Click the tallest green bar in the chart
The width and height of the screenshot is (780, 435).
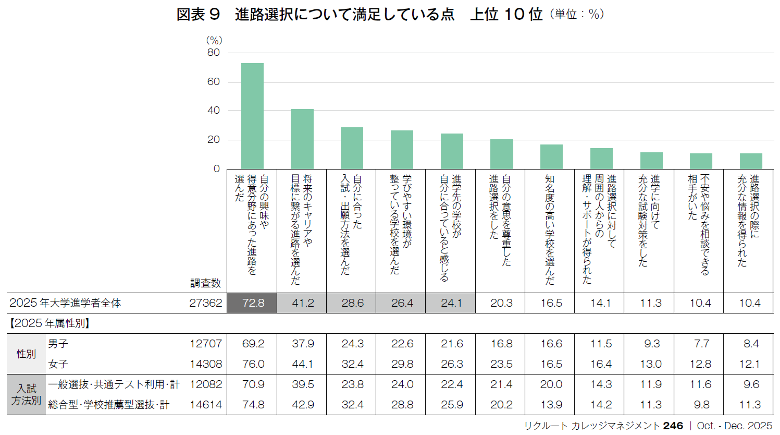coord(252,116)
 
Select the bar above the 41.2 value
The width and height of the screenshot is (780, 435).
coord(302,139)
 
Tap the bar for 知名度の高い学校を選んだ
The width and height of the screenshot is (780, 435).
coord(551,156)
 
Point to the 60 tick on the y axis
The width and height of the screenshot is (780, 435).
coord(214,81)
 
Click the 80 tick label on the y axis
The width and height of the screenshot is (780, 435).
coord(214,52)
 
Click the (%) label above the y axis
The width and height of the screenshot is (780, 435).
coord(214,40)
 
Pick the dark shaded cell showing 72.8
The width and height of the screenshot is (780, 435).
coord(253,303)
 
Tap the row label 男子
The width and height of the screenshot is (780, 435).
coord(58,344)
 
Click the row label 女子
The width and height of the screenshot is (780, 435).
coord(58,364)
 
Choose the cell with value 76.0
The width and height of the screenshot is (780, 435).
coord(253,364)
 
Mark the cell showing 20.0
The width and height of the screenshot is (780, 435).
coord(551,384)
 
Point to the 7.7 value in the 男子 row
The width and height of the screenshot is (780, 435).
coord(701,344)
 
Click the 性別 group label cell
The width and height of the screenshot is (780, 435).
coord(26,354)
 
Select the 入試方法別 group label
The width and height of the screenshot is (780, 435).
coord(26,395)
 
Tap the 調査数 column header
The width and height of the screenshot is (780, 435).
coord(205,283)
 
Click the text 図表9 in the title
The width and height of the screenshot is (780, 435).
coord(199,15)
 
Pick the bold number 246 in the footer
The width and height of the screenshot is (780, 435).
coord(673,426)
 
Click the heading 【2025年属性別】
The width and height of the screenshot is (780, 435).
coord(49,323)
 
